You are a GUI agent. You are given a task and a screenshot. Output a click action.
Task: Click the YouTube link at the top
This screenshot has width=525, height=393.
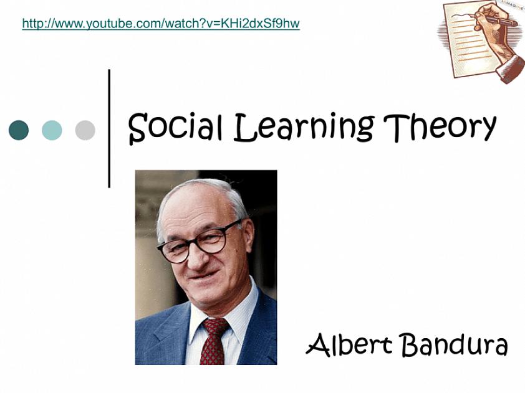pyautogui.click(x=161, y=24)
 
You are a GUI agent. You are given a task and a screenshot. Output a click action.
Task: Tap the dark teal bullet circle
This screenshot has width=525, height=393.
pyautogui.click(x=19, y=130)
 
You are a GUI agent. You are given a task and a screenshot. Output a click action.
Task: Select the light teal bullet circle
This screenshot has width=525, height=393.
pyautogui.click(x=52, y=130)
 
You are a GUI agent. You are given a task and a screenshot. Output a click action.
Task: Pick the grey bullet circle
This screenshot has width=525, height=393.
pyautogui.click(x=85, y=130)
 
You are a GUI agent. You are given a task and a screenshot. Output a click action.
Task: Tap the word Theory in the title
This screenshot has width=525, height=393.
pyautogui.click(x=440, y=127)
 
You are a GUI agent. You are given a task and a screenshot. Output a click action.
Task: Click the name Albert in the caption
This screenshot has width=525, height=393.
pyautogui.click(x=349, y=344)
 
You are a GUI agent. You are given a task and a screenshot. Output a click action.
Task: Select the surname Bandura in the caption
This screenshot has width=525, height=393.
pyautogui.click(x=455, y=344)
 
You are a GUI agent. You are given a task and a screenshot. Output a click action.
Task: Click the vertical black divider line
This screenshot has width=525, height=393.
pyautogui.click(x=109, y=128)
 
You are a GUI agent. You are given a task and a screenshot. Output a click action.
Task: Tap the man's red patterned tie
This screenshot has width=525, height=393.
pyautogui.click(x=214, y=341)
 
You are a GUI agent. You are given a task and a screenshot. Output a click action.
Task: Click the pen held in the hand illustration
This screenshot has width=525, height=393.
pyautogui.click(x=499, y=20)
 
